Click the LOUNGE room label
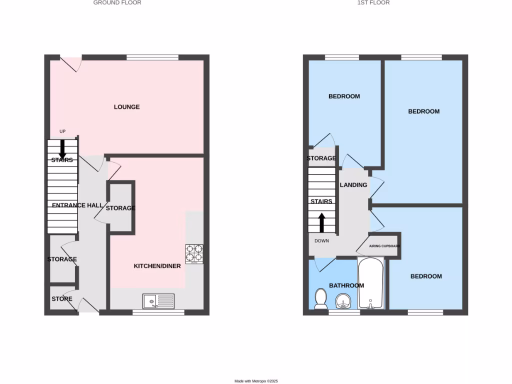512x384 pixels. (x=126, y=107)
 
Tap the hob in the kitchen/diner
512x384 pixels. (x=194, y=253)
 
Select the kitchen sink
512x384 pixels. (x=158, y=301)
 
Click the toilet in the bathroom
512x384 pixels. (x=320, y=299)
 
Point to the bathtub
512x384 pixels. (x=370, y=284)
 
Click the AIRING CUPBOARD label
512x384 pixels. (x=384, y=246)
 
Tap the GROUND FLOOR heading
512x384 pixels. (x=117, y=2)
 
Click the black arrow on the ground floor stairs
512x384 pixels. (x=63, y=148)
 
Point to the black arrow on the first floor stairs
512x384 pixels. (x=321, y=222)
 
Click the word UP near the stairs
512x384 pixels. (x=62, y=131)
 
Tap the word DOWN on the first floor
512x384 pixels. (x=321, y=240)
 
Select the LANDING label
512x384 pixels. (x=353, y=185)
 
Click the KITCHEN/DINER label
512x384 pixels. (x=157, y=266)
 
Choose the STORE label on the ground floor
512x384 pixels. (x=62, y=299)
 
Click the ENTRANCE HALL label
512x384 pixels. (x=77, y=205)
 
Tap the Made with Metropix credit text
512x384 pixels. (x=256, y=381)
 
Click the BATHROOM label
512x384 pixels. (x=346, y=285)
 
